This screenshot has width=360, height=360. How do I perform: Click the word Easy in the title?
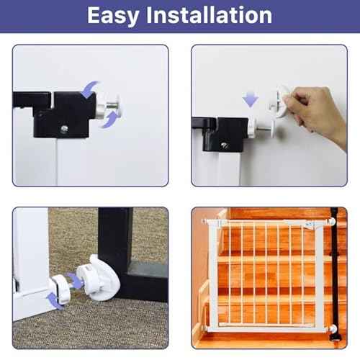(x=113, y=16)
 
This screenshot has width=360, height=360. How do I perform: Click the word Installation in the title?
(x=209, y=15)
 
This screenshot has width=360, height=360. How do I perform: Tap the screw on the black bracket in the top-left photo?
(x=64, y=129)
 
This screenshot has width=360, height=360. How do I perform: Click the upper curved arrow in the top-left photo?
(x=89, y=89)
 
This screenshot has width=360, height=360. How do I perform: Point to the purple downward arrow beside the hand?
(x=250, y=99)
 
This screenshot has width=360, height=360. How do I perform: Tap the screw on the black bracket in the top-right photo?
(x=225, y=145)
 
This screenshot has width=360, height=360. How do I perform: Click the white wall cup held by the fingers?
(x=280, y=101)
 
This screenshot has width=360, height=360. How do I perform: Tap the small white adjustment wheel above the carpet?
(x=59, y=289)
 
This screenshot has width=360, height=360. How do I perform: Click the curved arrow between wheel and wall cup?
(x=75, y=280)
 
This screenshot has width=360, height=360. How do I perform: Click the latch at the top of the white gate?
(x=310, y=225)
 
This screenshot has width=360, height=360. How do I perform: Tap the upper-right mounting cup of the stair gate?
(x=331, y=222)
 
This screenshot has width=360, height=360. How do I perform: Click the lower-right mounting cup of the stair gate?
(x=332, y=329)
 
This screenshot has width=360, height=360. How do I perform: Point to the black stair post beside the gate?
(x=334, y=274)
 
